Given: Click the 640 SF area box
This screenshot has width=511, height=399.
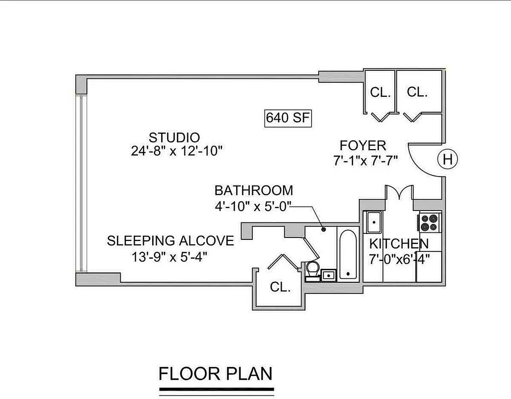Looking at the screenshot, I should coord(288,118).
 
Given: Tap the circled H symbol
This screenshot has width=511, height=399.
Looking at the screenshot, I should coord(447,160).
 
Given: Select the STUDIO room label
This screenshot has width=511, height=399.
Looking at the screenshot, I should coord(174,137).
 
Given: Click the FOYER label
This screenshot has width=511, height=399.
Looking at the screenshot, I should coord(362,146).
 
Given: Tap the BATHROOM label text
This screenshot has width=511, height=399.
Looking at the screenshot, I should coord(253,190).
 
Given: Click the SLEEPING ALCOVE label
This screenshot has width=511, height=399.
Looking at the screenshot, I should coord(170,241).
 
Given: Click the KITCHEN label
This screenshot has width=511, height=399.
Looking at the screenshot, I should coord(398,244).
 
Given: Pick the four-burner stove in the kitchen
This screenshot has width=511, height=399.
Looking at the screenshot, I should coord(430,222).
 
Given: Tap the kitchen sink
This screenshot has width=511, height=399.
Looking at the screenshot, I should coord(372,222).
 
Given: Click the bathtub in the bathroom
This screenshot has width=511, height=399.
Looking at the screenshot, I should coord(347,254).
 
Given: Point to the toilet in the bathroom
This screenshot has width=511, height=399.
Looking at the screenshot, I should coord(313,268).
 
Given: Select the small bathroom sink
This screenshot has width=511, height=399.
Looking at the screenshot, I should coord(328,274).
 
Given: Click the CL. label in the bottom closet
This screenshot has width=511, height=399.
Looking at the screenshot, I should coord(280,287).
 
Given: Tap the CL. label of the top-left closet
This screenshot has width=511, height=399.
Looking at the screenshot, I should coord(380,93).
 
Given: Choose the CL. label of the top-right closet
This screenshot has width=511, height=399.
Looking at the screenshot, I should coord(417,92).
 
